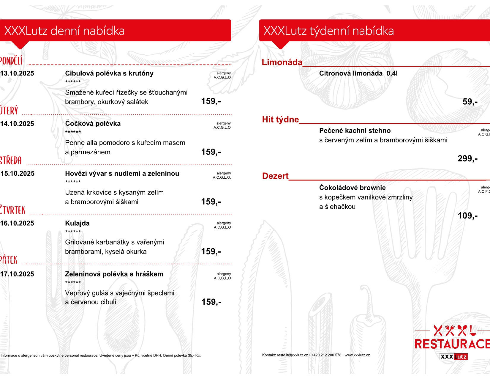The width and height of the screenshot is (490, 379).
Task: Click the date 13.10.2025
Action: coord(17,73)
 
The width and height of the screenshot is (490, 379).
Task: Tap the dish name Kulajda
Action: coord(77,223)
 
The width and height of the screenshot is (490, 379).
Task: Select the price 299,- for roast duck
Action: coord(467,158)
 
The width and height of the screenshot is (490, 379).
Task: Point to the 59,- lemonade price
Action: coord(470,102)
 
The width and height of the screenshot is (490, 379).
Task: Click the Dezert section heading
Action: coord(275,176)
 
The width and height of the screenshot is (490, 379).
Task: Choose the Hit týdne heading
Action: coord(280,119)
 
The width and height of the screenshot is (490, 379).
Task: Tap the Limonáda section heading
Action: coord(282,62)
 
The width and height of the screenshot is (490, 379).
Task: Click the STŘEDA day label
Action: coord(11,161)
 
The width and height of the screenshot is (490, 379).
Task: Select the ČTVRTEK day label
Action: coord(12,210)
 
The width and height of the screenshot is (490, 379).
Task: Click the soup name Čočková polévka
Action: coord(93,124)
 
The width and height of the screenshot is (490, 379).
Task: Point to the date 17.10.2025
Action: coord(17,274)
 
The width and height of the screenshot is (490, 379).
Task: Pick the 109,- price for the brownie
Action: coord(467,216)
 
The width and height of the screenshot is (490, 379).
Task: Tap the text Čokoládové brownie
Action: coord(352,188)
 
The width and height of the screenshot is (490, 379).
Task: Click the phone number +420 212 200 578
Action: coord(326,355)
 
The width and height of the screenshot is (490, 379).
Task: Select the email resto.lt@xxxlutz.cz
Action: coord(292,355)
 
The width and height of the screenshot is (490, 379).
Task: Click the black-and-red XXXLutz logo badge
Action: coord(453,356)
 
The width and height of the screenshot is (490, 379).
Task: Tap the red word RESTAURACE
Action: coord(452,344)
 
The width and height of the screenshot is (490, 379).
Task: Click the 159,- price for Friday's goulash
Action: coord(211,302)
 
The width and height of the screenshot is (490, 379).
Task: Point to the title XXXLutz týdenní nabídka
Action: coord(328,31)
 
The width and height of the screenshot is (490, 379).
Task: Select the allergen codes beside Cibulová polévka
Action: coord(222,78)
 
